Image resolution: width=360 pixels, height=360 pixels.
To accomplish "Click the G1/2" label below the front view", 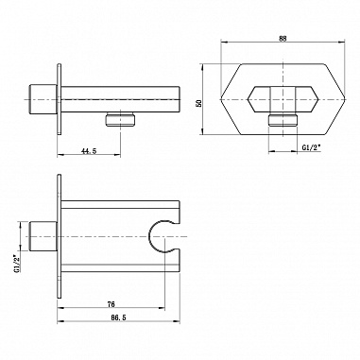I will pos(314,148).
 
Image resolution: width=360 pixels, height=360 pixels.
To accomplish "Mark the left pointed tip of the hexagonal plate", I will pos(223,95).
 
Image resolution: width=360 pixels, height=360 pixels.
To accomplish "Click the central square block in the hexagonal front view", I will pos(281,96).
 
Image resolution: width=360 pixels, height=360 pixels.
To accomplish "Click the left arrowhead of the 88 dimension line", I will pos(224,43).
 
